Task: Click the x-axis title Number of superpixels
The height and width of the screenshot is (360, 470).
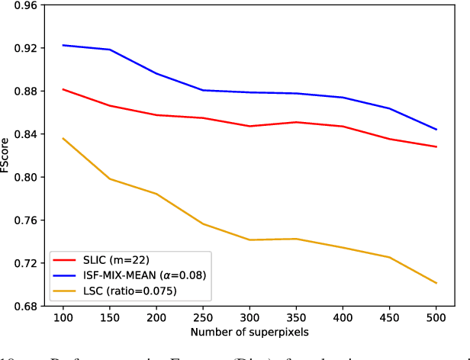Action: (x=249, y=333)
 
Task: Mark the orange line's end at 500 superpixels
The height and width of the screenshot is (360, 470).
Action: (x=436, y=283)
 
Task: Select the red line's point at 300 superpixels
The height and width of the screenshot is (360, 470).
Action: (x=249, y=126)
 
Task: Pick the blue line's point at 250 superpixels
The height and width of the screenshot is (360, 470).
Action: (x=203, y=90)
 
